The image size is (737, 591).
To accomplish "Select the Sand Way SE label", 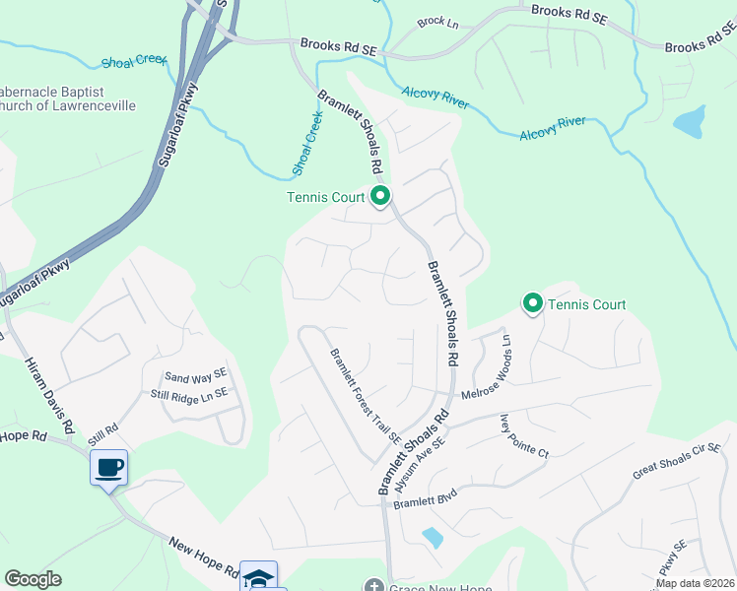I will click(x=195, y=376).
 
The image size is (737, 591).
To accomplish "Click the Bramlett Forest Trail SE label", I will click(x=366, y=396).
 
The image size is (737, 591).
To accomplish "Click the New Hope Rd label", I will click(x=204, y=558).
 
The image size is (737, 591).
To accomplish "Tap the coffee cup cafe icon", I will click(x=108, y=467).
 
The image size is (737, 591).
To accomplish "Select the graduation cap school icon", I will click(x=258, y=577).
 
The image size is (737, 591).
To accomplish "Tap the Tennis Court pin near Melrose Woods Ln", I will click(x=533, y=302).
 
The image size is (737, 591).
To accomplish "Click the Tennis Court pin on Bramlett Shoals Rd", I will click(x=380, y=196).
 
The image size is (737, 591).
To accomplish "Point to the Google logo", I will click(x=33, y=578).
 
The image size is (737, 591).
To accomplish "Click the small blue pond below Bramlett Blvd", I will click(x=432, y=537).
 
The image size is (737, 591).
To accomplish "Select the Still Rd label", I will click(x=101, y=428).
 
